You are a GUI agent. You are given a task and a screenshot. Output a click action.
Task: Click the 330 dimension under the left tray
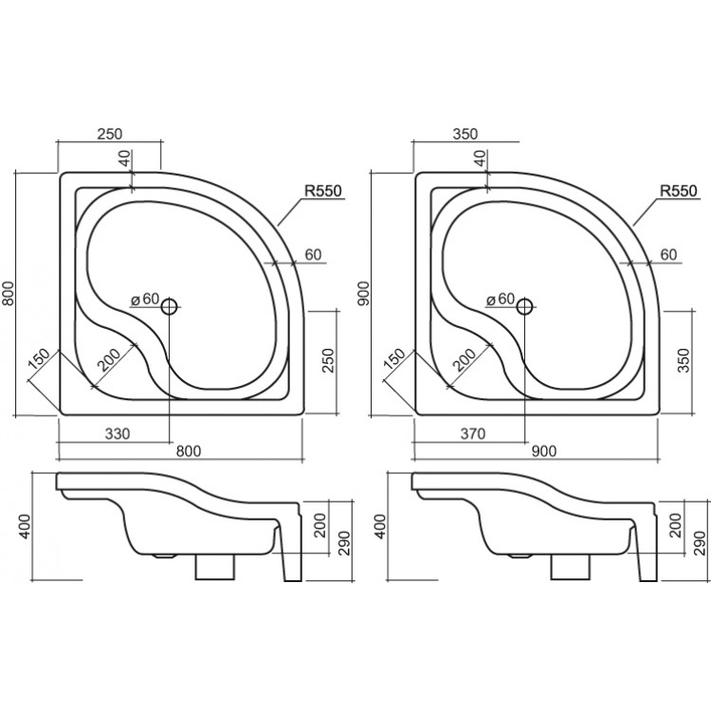[118, 434]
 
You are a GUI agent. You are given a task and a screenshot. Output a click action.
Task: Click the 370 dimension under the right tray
[473, 434]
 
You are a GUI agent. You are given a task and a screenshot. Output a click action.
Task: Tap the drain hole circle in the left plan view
[170, 306]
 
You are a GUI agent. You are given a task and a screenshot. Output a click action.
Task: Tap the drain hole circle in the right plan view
[525, 306]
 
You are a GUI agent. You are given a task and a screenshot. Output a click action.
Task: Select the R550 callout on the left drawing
[323, 191]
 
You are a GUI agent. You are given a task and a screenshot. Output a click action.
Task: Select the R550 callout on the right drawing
[679, 191]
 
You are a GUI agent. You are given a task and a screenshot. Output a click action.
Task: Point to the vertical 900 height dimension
[365, 293]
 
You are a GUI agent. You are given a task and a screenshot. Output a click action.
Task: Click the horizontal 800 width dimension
[189, 451]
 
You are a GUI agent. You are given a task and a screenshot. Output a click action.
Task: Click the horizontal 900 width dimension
[544, 451]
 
